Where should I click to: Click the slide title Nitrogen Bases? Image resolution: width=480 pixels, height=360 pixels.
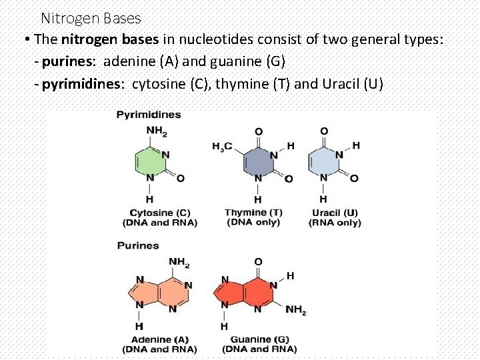[x=91, y=19]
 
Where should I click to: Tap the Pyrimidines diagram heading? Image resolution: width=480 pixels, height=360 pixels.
[x=148, y=115]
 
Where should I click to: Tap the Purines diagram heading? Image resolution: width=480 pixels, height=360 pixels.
[x=138, y=245]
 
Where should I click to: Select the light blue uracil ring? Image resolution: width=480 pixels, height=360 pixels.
[x=323, y=162]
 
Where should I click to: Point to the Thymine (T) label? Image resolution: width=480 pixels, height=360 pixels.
[x=253, y=213]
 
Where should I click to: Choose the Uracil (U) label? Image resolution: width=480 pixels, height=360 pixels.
[x=335, y=213]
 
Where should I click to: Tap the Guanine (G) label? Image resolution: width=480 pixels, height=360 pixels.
[x=259, y=339]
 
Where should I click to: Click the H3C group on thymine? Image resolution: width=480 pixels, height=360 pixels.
[x=222, y=146]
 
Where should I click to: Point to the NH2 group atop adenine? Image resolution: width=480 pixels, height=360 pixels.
[x=179, y=262]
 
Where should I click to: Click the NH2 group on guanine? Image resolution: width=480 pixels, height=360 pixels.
[x=295, y=310]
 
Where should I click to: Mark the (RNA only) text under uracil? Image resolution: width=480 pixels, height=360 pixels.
[x=335, y=223]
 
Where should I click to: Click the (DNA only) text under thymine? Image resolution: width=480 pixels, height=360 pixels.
[x=253, y=222]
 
